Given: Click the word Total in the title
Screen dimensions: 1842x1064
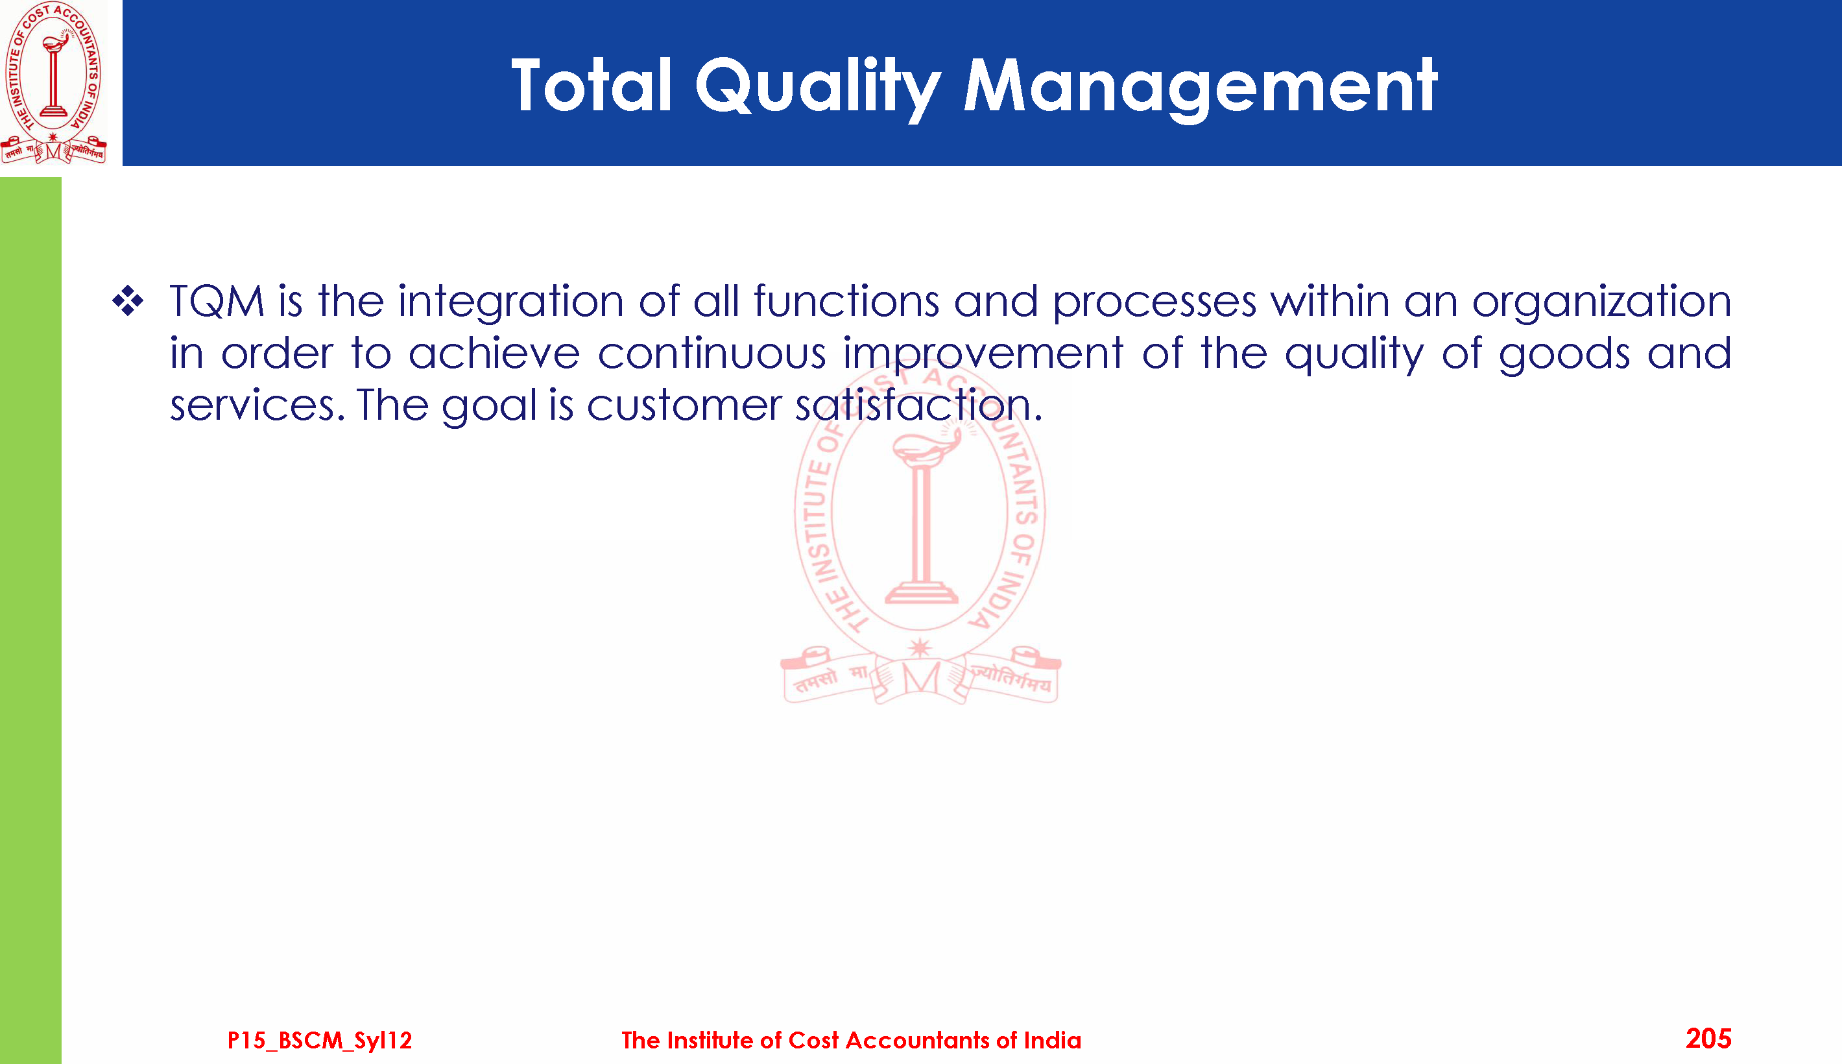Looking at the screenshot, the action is pyautogui.click(x=591, y=86).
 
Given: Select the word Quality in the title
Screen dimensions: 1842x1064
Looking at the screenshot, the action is pyautogui.click(x=818, y=88).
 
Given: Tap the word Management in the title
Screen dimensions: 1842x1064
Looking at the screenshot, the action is pyautogui.click(x=1201, y=88).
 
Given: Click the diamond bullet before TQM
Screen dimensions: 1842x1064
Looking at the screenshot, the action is pyautogui.click(x=128, y=300).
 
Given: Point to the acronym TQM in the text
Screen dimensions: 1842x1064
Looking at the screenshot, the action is pyautogui.click(x=217, y=301).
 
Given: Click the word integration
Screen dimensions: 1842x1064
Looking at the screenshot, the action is pyautogui.click(x=510, y=302).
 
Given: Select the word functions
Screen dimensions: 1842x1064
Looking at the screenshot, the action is pyautogui.click(x=846, y=301).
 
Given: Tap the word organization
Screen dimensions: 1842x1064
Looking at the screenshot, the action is pyautogui.click(x=1601, y=302).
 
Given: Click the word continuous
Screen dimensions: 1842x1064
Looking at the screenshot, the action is pyautogui.click(x=712, y=354).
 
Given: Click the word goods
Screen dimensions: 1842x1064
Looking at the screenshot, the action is pyautogui.click(x=1564, y=355).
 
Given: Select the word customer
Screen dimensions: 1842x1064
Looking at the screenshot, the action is pyautogui.click(x=684, y=405).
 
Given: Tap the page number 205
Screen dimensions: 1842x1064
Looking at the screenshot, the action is pyautogui.click(x=1708, y=1039).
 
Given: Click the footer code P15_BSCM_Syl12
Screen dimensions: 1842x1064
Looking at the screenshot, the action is pyautogui.click(x=320, y=1041).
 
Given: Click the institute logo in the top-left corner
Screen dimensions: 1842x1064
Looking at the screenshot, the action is pyautogui.click(x=53, y=82).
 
